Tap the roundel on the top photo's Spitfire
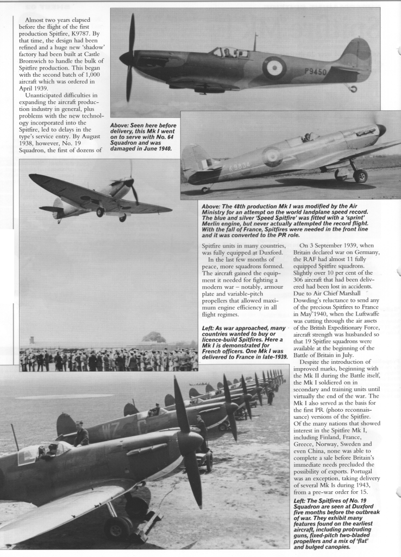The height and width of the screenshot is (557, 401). point(274,68)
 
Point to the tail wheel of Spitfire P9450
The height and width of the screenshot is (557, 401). point(353,88)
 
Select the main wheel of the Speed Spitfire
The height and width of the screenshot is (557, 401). point(360,175)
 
